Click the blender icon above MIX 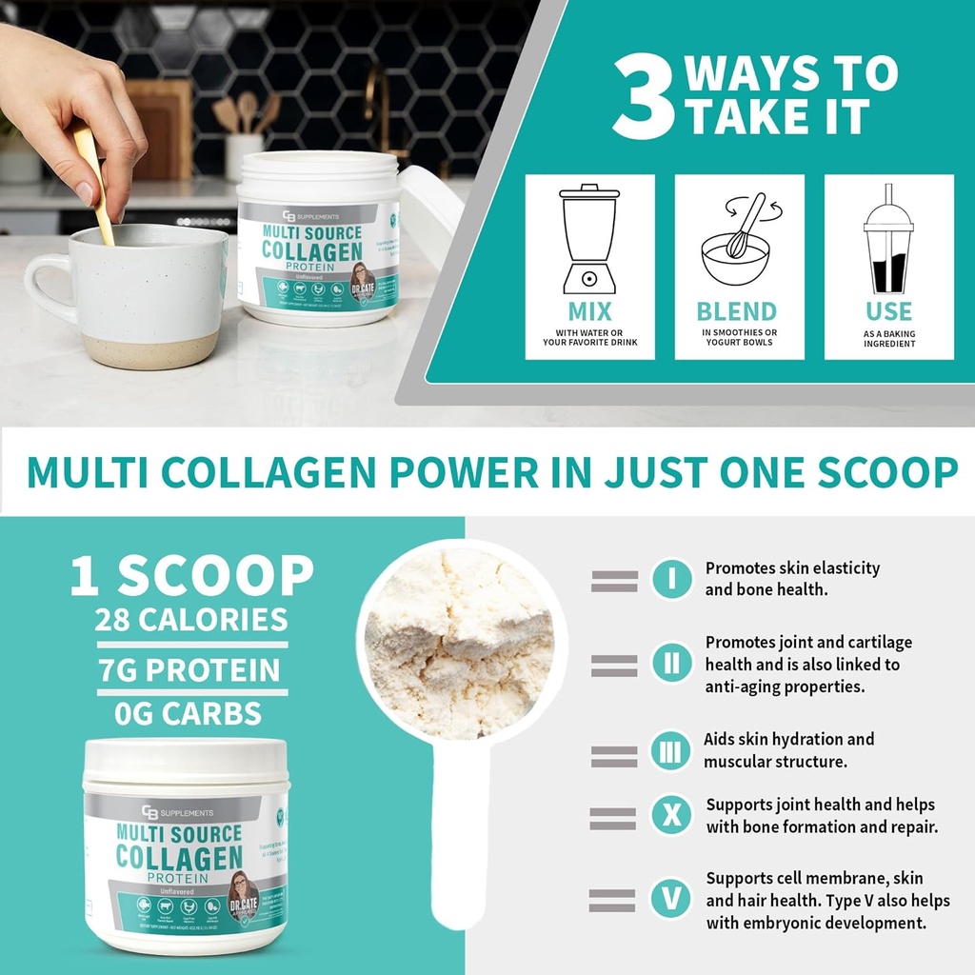(x=588, y=238)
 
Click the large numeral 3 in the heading (x=645, y=98)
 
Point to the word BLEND (x=736, y=311)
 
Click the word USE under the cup (x=888, y=311)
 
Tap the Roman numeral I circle (x=671, y=579)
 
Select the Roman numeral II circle (x=671, y=663)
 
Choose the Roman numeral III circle (x=671, y=751)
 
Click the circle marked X (x=671, y=816)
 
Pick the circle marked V (x=671, y=899)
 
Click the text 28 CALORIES (x=190, y=620)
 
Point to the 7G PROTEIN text (x=190, y=669)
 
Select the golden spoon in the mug (x=92, y=181)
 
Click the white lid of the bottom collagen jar (x=185, y=762)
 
